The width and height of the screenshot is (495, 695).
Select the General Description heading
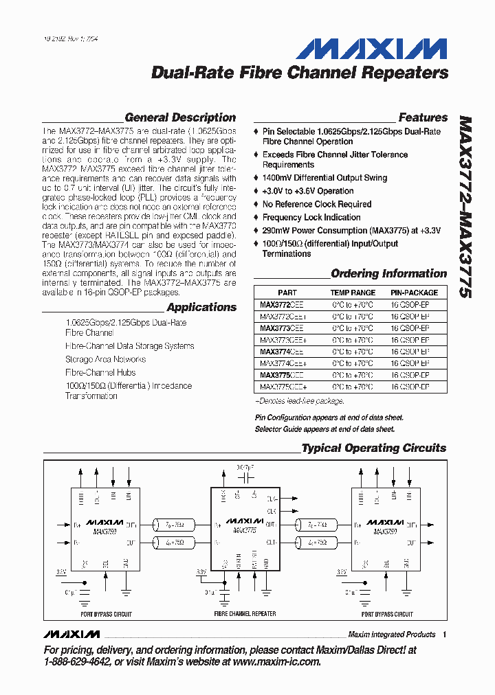click(180, 117)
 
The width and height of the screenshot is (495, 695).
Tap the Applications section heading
click(201, 307)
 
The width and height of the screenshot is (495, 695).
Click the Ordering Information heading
click(389, 273)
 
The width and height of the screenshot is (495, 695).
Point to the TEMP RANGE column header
click(353, 293)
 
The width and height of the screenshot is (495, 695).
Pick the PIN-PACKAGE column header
click(414, 293)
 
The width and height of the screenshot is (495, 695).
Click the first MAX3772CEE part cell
click(281, 304)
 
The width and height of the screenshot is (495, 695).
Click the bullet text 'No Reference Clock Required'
click(316, 205)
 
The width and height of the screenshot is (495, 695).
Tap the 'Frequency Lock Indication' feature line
click(311, 218)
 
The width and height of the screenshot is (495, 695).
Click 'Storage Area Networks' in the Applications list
click(105, 359)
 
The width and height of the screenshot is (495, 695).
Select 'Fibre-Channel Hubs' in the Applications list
click(100, 372)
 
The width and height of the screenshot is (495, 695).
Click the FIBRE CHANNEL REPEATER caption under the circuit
click(245, 613)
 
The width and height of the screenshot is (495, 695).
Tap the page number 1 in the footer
click(445, 635)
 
